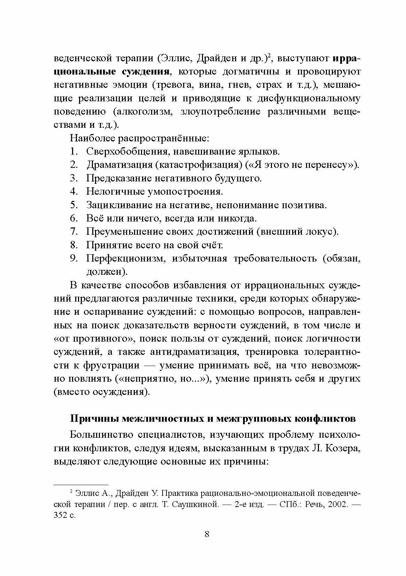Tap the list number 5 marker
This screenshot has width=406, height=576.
(73, 205)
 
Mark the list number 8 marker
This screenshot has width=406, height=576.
(73, 245)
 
